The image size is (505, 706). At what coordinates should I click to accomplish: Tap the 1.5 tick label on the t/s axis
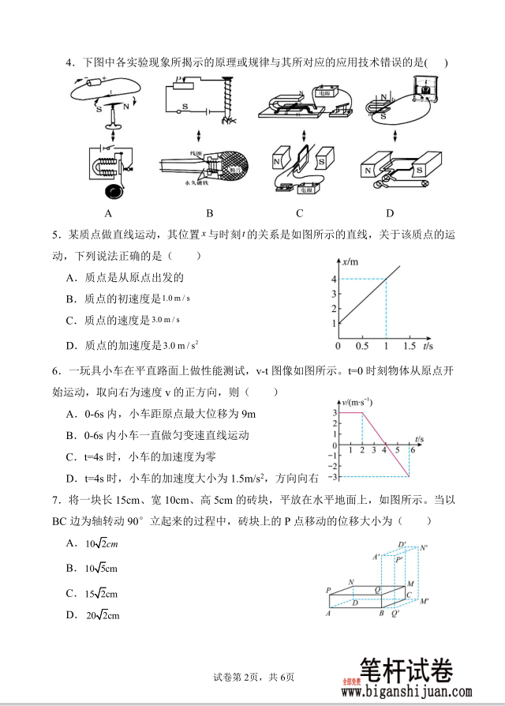pos(410,346)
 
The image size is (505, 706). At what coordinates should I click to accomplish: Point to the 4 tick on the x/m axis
pos(334,278)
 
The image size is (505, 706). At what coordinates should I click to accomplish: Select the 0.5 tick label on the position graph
pos(361,346)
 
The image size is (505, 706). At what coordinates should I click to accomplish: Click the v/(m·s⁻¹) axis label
pos(350,402)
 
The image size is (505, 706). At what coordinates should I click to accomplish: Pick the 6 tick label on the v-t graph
pos(412,451)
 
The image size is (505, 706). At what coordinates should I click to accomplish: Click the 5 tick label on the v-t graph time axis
pos(397,451)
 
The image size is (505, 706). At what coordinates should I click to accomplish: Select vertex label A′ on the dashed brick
pos(376,558)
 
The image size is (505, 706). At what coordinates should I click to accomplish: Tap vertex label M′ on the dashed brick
pos(425,603)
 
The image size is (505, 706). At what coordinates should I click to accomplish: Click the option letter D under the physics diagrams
pos(390,213)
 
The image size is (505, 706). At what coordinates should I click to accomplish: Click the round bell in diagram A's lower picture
pos(113,190)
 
